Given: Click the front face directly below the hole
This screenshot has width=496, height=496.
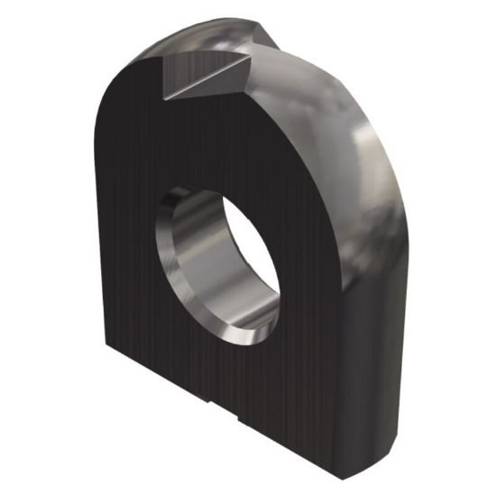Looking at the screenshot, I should coord(225,379).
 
